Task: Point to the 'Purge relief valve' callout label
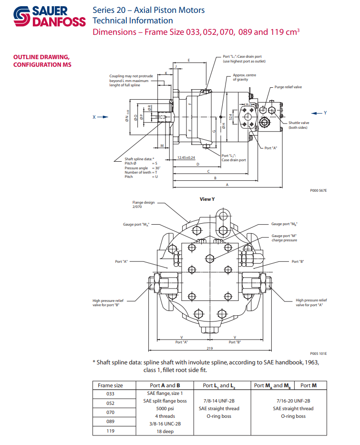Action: [x=288, y=87]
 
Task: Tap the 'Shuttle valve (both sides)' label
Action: [x=298, y=125]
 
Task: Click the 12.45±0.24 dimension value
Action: [x=186, y=157]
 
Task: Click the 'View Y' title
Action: [x=207, y=199]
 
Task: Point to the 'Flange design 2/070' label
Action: [x=144, y=204]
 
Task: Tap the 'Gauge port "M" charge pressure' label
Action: [x=284, y=238]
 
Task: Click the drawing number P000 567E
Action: [x=318, y=190]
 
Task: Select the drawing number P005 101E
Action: [x=318, y=353]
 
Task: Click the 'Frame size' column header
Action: [x=110, y=385]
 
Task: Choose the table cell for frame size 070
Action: [x=110, y=412]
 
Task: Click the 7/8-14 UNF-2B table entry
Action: [x=219, y=401]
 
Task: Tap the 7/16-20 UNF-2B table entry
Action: [x=291, y=401]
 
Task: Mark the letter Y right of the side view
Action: [x=325, y=113]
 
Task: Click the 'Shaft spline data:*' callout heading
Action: [x=139, y=159]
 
